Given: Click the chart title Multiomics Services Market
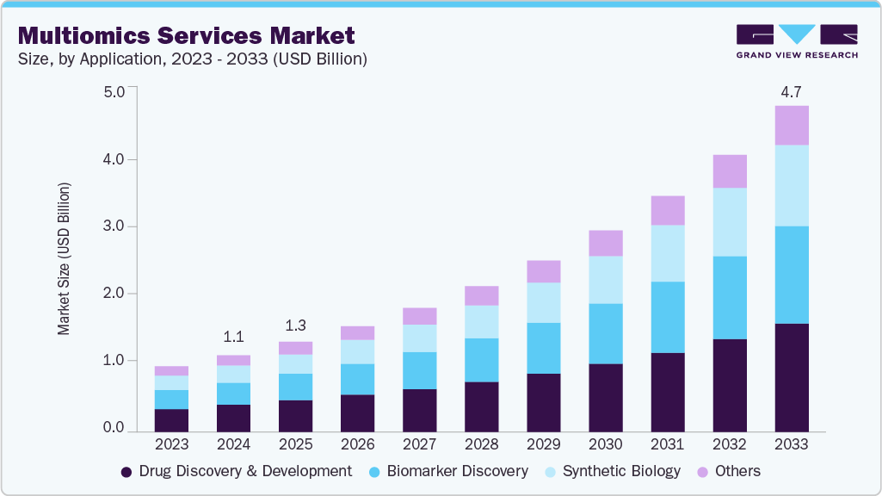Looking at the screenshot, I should tap(186, 35).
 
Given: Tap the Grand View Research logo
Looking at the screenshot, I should tap(796, 41).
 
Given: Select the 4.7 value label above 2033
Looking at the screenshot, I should tap(791, 90).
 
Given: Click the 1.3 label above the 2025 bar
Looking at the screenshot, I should tap(295, 325).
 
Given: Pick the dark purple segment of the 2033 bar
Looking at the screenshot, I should tap(791, 377).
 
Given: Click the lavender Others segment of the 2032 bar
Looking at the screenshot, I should tap(729, 171).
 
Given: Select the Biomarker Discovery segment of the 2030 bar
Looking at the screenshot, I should tap(605, 333).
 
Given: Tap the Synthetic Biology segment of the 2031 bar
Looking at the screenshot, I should tap(667, 253).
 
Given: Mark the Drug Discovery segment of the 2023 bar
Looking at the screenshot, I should tap(171, 419).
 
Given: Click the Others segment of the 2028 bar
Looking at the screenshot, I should tap(481, 295).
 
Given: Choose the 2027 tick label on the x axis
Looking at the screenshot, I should tap(419, 445).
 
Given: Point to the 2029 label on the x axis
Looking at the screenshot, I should tap(543, 445).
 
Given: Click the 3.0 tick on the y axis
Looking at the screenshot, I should tap(114, 226).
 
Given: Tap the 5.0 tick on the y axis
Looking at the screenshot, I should tap(114, 91).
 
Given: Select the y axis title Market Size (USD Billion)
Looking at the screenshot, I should tap(65, 258).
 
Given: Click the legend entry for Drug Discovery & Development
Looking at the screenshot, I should tap(236, 471).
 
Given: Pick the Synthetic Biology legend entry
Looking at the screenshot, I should tap(612, 471).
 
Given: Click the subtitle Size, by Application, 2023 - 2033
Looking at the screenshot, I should tap(193, 59).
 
